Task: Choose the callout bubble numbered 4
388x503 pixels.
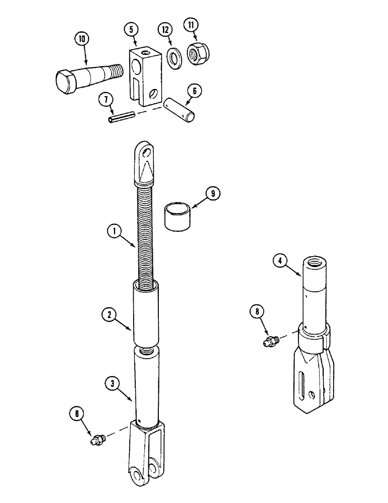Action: pos(281,260)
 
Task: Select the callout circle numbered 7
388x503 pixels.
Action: pos(105,100)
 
